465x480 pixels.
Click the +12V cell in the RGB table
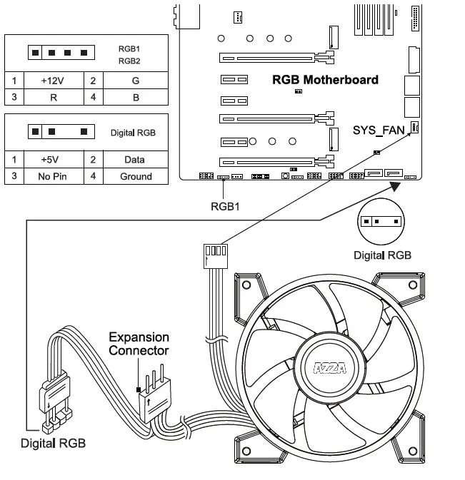54,81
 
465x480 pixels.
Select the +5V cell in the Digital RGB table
54,160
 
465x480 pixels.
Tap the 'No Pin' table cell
54,176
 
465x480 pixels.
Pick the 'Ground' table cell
136,176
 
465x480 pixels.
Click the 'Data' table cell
136,160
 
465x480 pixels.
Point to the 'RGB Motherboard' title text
325,79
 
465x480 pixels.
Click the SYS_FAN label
379,130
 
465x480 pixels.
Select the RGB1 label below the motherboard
224,208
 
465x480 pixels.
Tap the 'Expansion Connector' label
139,343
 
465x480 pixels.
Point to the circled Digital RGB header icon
382,221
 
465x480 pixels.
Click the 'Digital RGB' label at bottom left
53,443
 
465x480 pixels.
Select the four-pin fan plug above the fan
214,252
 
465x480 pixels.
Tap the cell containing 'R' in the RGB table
54,97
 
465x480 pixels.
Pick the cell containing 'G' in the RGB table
136,81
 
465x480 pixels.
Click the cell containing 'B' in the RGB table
136,97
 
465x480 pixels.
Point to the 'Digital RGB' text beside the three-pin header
133,133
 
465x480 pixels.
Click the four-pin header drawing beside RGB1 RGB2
61,53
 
